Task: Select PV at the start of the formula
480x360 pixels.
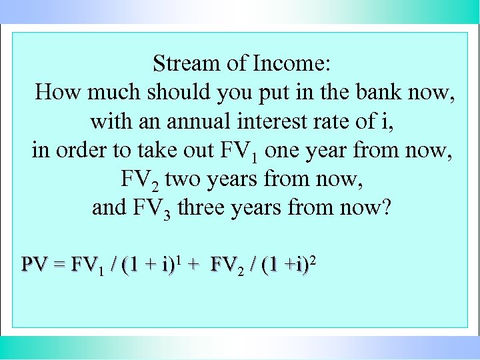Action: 34,265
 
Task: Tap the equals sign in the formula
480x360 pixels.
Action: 59,265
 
